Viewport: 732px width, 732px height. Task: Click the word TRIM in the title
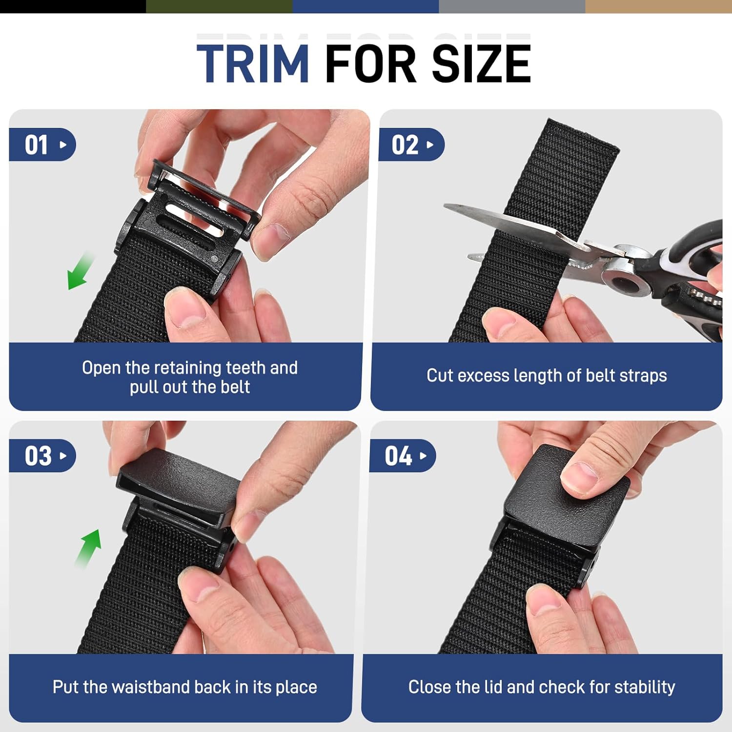pyautogui.click(x=252, y=64)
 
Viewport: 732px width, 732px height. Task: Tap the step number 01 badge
pyautogui.click(x=42, y=145)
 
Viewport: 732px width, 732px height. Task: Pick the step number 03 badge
pyautogui.click(x=42, y=456)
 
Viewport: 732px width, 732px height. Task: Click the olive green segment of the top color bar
pyautogui.click(x=219, y=6)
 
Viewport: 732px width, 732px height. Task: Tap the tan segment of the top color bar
pyautogui.click(x=658, y=6)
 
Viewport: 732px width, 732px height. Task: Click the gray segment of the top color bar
pyautogui.click(x=512, y=6)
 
